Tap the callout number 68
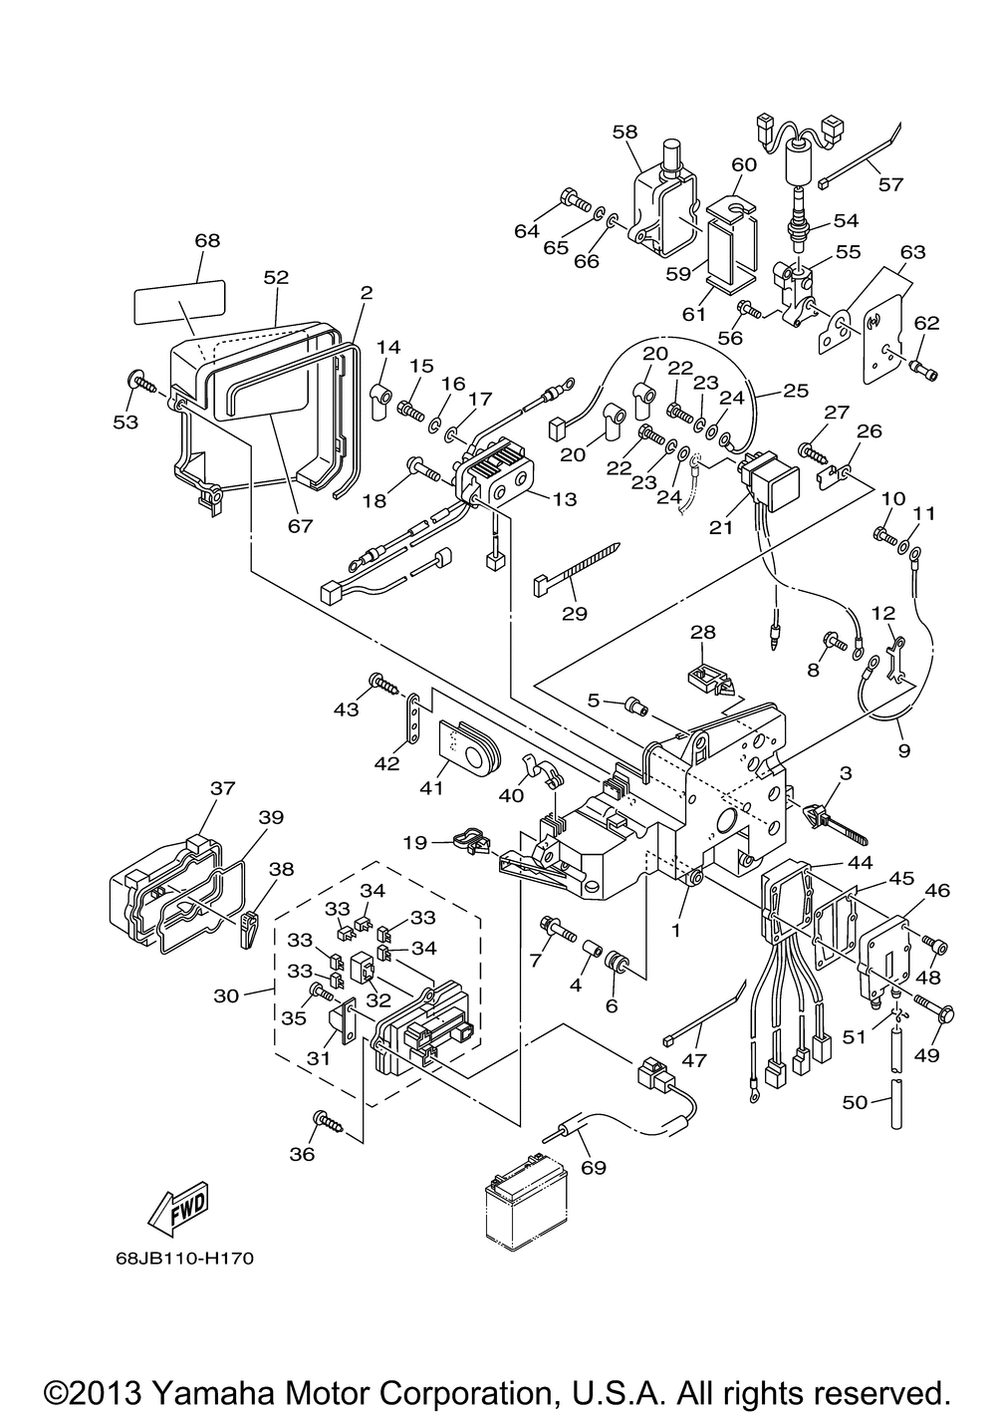tap(207, 241)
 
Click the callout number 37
tap(221, 788)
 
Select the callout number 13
tap(564, 499)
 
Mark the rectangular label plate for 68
tap(179, 299)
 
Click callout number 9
tap(903, 751)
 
